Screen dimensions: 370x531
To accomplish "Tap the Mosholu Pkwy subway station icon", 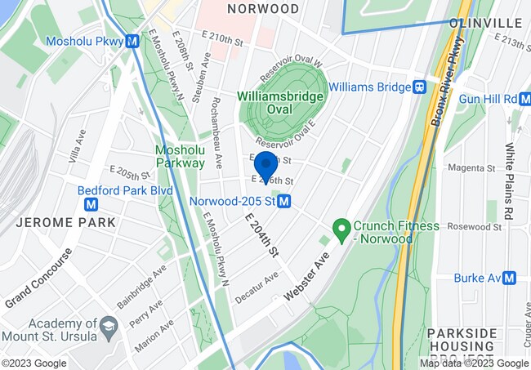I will (x=132, y=41).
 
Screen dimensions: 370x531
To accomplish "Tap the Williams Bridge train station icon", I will (x=420, y=86).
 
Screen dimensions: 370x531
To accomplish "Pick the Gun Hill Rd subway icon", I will (x=511, y=99).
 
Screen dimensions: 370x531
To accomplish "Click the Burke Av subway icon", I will (x=510, y=278).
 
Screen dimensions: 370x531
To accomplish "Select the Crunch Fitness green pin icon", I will (x=341, y=226).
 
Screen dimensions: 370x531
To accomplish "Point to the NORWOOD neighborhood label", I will (x=263, y=9).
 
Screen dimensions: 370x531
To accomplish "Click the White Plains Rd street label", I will (x=508, y=181).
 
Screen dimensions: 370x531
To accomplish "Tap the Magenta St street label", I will (x=489, y=168).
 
